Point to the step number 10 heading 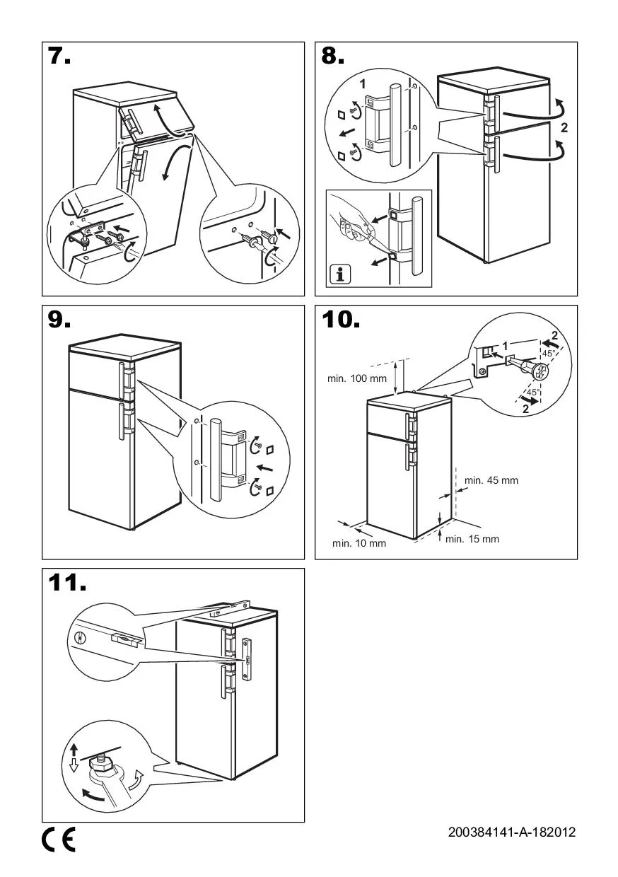point(341,321)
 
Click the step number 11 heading point(68,584)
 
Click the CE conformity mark point(59,840)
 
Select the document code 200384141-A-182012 point(512,832)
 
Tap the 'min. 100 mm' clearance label point(357,378)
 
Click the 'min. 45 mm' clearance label point(491,480)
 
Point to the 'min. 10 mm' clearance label point(359,543)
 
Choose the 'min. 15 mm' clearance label point(472,539)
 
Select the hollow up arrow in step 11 point(74,767)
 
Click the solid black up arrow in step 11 point(74,749)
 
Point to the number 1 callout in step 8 point(363,83)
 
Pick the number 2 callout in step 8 point(564,129)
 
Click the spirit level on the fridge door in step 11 point(247,660)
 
